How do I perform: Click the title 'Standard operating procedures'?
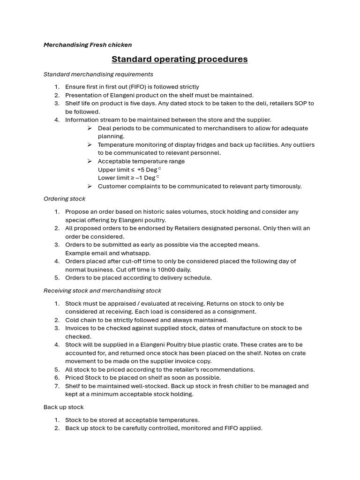[180, 60]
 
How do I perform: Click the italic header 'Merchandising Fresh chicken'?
[88, 45]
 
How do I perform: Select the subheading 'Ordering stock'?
[64, 199]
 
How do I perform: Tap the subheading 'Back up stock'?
[63, 407]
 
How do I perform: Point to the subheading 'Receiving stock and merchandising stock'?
[102, 291]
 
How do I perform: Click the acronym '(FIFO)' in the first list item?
[136, 87]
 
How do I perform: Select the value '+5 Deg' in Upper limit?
[147, 170]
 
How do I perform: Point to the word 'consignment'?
[238, 312]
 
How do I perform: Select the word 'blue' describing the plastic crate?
[223, 345]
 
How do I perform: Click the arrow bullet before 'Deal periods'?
[90, 128]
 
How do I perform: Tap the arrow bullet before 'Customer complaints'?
[90, 186]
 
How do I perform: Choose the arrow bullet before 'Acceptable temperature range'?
[90, 161]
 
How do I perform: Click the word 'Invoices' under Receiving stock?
[77, 328]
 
